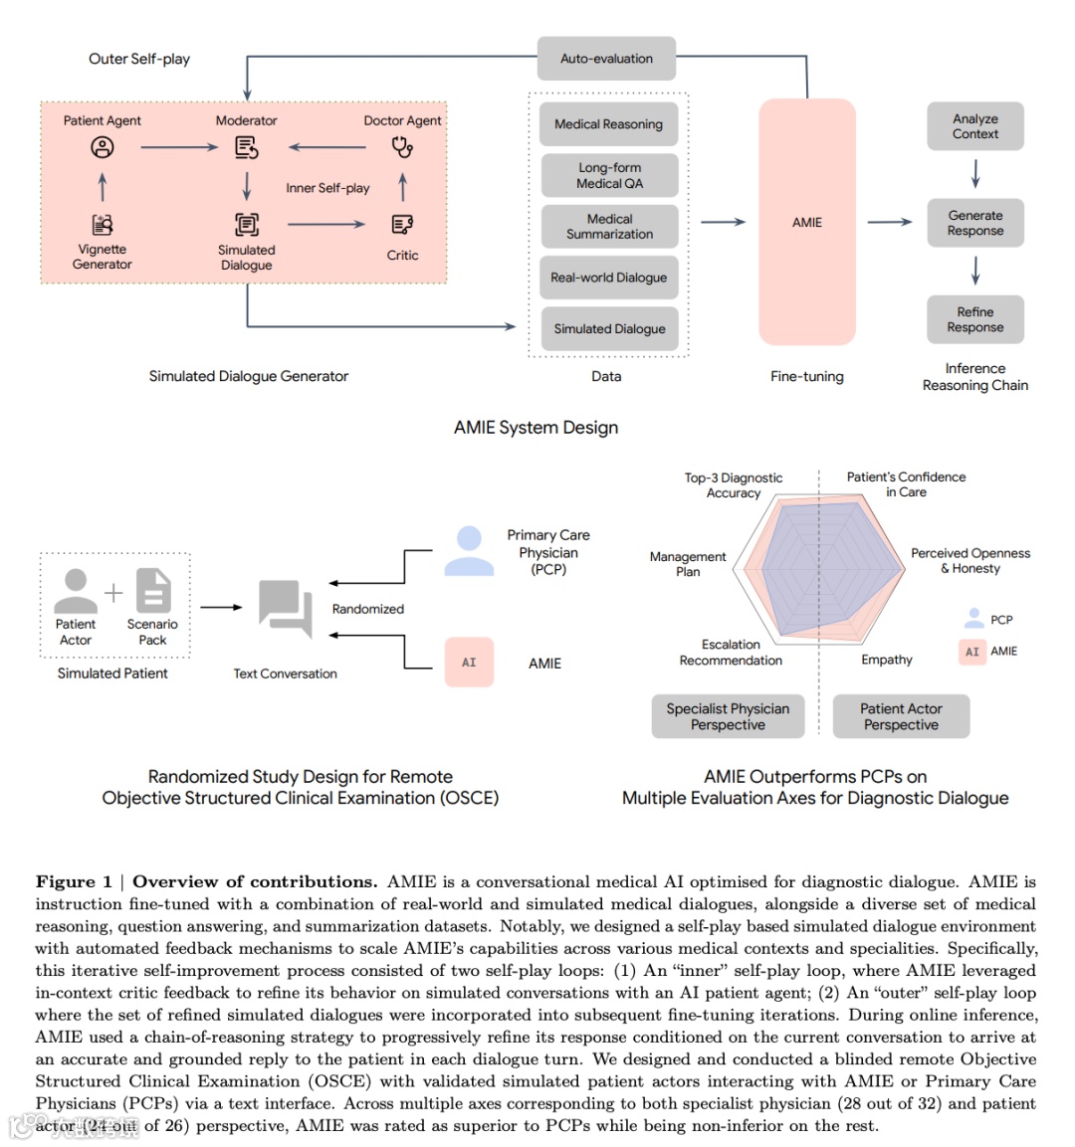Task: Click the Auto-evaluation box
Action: pos(606,59)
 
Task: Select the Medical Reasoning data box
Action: pos(608,124)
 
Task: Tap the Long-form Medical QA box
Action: pos(609,175)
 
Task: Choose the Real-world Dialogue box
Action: pos(608,278)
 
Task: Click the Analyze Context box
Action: pos(974,126)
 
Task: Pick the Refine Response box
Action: pos(974,319)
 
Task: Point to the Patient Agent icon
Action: pos(103,147)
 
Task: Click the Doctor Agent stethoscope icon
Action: pos(402,147)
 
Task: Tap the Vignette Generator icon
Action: pos(103,225)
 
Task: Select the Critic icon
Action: pos(402,225)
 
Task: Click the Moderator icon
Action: pos(246,147)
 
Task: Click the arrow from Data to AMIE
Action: pos(724,222)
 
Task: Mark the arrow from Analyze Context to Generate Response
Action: pos(975,174)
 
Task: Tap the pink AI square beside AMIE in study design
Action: pos(469,663)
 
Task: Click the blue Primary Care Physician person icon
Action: pos(469,552)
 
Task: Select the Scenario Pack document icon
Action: pos(152,591)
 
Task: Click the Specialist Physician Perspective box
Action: pos(728,716)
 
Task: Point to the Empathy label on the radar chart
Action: pos(886,660)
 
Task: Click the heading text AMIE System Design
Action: pos(536,428)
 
